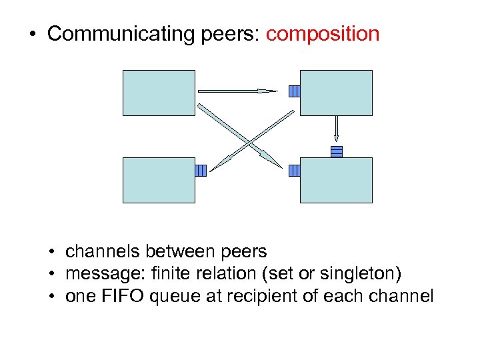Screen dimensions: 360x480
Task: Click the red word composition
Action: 322,34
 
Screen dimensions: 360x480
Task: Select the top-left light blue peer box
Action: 159,93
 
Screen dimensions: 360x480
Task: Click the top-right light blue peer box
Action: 337,93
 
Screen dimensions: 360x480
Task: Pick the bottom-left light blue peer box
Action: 159,180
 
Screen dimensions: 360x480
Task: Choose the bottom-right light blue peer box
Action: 337,180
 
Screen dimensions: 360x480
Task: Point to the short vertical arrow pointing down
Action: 337,131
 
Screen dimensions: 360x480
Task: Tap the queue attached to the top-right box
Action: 295,91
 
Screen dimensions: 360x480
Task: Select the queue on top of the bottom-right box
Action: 337,151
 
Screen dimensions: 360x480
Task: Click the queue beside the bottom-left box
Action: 201,171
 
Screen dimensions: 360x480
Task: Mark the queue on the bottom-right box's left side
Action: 295,171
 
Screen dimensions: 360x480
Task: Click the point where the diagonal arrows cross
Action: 248,142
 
